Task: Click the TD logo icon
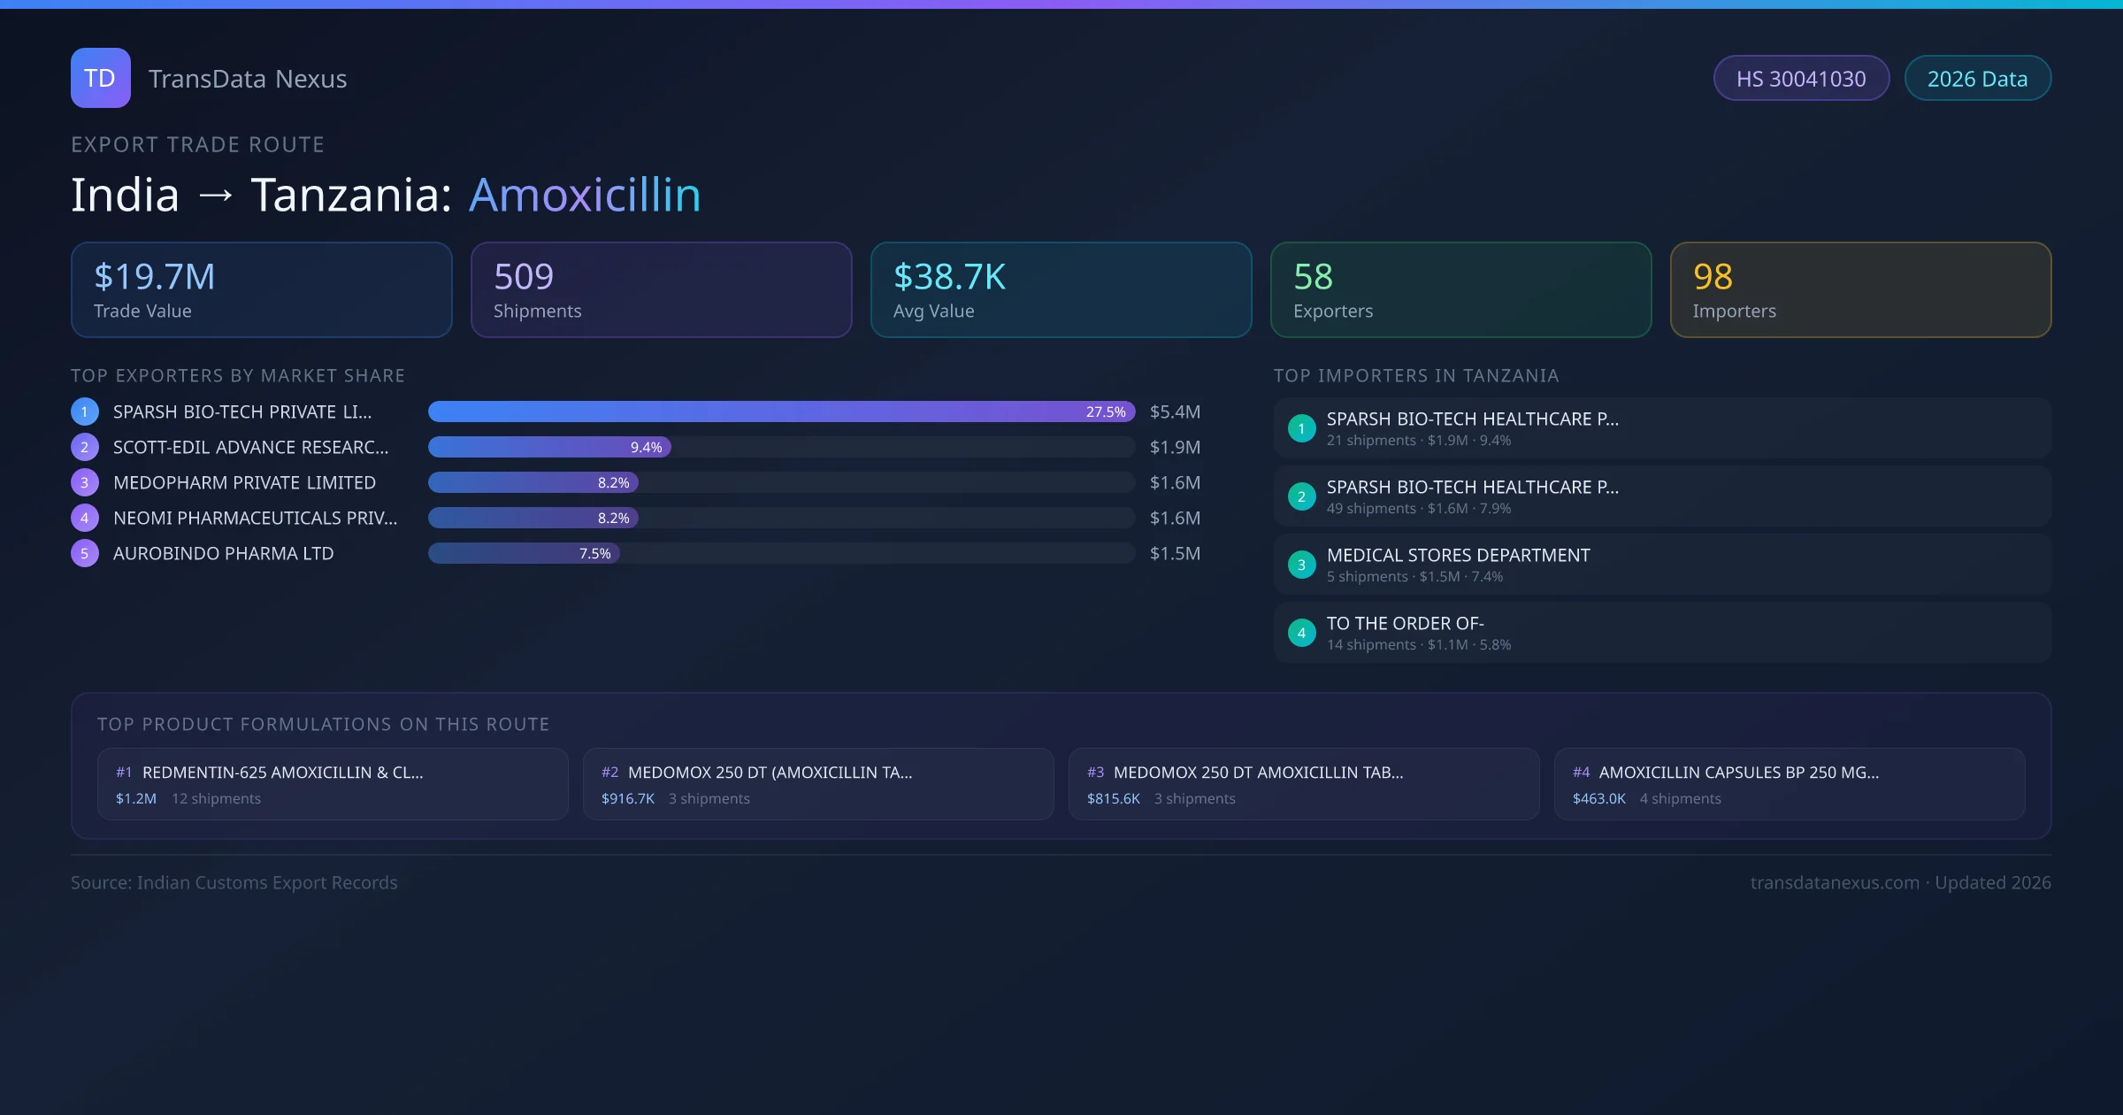pyautogui.click(x=100, y=78)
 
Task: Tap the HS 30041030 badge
pyautogui.click(x=1801, y=79)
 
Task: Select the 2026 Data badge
pyautogui.click(x=1977, y=79)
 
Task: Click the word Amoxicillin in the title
pyautogui.click(x=585, y=195)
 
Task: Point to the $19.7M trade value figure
pyautogui.click(x=154, y=277)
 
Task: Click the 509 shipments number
pyautogui.click(x=523, y=277)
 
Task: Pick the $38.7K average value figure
pyautogui.click(x=949, y=277)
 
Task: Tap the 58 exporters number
pyautogui.click(x=1313, y=277)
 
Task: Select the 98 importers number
pyautogui.click(x=1713, y=277)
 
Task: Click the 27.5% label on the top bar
pyautogui.click(x=1105, y=411)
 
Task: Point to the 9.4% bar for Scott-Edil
pyautogui.click(x=549, y=447)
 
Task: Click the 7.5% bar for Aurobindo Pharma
pyautogui.click(x=524, y=553)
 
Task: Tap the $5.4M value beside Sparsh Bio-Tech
pyautogui.click(x=1175, y=411)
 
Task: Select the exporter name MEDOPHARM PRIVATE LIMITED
pyautogui.click(x=244, y=482)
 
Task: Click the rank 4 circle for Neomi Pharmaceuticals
pyautogui.click(x=85, y=518)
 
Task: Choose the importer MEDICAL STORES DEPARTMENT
pyautogui.click(x=1458, y=555)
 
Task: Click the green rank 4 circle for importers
pyautogui.click(x=1301, y=633)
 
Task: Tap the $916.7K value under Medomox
pyautogui.click(x=627, y=798)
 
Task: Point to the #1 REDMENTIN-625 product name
pyautogui.click(x=282, y=773)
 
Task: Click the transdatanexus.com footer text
pyautogui.click(x=1834, y=882)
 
